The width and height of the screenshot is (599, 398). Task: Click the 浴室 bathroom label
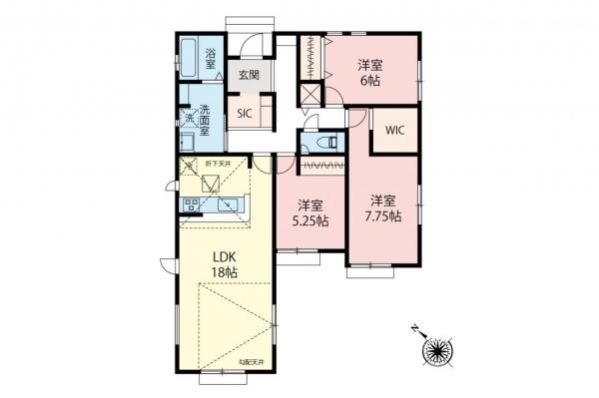click(x=212, y=57)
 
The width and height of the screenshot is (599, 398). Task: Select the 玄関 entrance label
click(x=248, y=75)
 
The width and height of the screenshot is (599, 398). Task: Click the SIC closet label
click(x=245, y=113)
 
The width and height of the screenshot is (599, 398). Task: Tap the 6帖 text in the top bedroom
click(x=370, y=83)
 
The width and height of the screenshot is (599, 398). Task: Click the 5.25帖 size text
click(x=311, y=221)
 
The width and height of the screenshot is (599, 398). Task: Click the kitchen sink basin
click(x=230, y=204)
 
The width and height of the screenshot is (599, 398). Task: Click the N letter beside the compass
click(x=416, y=327)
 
